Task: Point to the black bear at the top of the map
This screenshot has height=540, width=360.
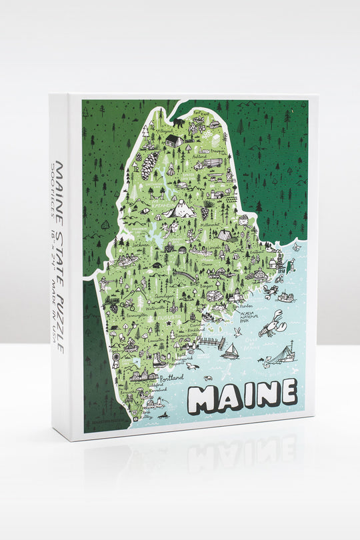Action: [179, 123]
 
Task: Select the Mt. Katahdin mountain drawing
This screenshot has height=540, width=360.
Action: [180, 210]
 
